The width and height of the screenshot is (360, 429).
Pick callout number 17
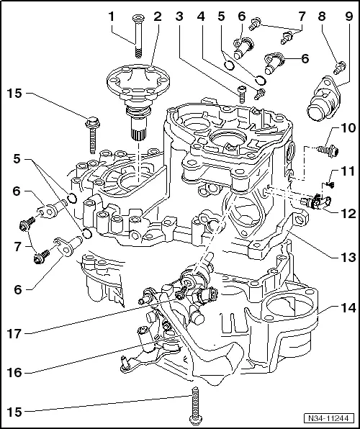click(x=14, y=333)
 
